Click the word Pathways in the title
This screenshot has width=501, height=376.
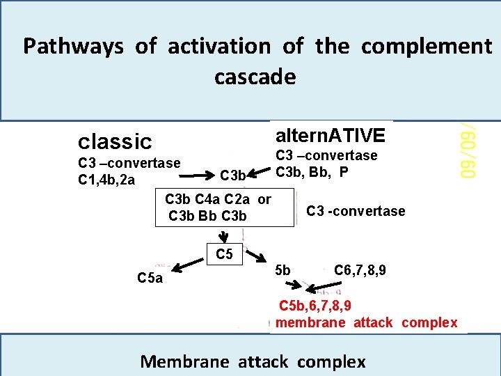point(73,47)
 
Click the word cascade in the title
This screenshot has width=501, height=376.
point(255,77)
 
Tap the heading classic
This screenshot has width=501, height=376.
point(115,141)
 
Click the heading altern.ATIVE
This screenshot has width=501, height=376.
point(330,134)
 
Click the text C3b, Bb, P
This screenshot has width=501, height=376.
point(312,171)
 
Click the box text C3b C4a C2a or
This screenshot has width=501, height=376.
point(218,199)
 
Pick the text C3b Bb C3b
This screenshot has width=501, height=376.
point(207,216)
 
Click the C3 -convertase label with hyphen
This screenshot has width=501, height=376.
point(356,211)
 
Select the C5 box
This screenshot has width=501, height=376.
point(224,254)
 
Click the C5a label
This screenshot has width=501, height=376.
point(150,279)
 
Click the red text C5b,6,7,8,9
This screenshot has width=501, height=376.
point(315,305)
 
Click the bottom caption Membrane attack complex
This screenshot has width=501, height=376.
point(253,361)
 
